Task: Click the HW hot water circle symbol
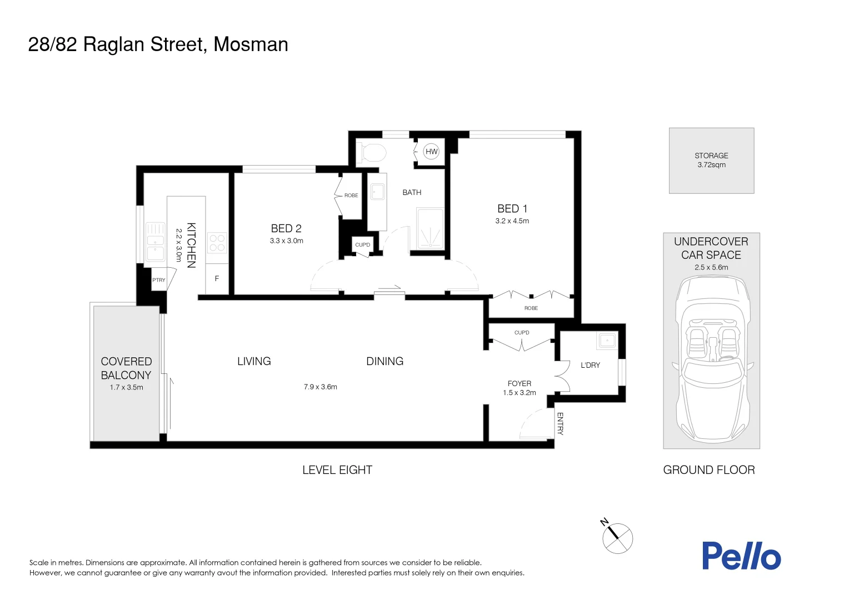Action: coord(431,151)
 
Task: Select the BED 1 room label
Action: coord(512,209)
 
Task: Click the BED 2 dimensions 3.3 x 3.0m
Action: coord(286,241)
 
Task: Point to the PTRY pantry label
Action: coord(159,280)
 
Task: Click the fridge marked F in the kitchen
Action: coord(217,278)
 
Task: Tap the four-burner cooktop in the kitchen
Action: coord(217,243)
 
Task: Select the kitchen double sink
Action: coord(156,241)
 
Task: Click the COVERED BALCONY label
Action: coord(126,368)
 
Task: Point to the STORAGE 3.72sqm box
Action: coord(711,161)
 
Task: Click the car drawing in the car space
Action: coord(711,358)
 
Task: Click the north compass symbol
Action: coord(617,537)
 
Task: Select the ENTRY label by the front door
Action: coord(560,423)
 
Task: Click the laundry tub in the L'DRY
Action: coord(606,341)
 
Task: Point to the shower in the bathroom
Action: coord(430,228)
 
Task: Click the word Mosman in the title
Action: coord(251,44)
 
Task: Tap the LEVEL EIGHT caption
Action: coord(337,470)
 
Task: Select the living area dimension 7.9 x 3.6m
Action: coord(320,387)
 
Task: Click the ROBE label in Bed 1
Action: coord(531,308)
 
